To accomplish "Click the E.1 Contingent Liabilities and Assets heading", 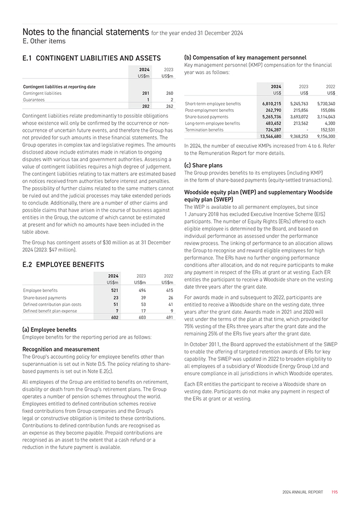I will pyautogui.click(x=92, y=58).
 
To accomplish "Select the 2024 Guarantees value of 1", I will pyautogui.click(x=148, y=100).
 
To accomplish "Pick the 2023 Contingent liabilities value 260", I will pyautogui.click(x=169, y=93).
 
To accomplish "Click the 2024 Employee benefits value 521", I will pyautogui.click(x=114, y=290).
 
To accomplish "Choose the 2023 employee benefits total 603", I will pyautogui.click(x=141, y=317).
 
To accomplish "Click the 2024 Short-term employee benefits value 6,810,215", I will pyautogui.click(x=271, y=103).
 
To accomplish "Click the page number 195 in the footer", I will pyautogui.click(x=334, y=492).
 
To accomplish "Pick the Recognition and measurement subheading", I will pyautogui.click(x=61, y=349).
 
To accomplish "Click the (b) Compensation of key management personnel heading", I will pyautogui.click(x=245, y=57).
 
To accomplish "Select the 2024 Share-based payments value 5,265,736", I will pyautogui.click(x=271, y=117).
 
